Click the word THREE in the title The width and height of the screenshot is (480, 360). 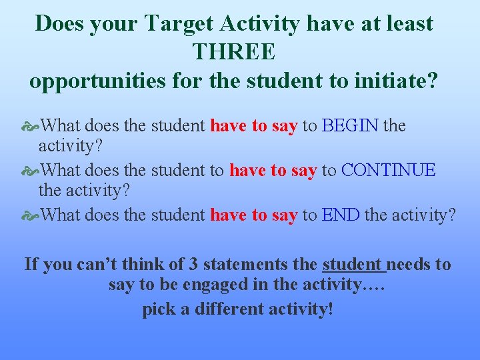pos(233,52)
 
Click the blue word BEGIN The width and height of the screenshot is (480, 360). pos(350,125)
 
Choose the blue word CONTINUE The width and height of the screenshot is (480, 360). pos(388,170)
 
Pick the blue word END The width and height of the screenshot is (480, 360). pos(341,215)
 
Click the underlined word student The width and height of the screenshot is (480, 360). pos(354,264)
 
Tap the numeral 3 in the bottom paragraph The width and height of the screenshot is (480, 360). pos(193,264)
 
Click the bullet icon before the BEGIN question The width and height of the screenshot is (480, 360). pos(30,126)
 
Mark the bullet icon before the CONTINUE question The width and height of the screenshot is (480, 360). pos(30,171)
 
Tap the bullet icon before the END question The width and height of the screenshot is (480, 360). pos(30,215)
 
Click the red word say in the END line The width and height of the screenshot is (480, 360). pos(284,215)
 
